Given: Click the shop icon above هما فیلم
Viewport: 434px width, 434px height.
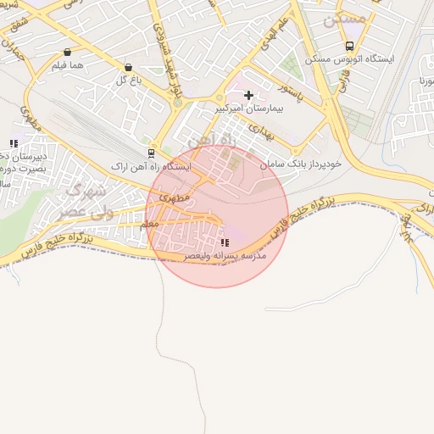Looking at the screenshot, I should click(68, 51).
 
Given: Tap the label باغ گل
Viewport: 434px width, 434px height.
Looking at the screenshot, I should click(127, 81).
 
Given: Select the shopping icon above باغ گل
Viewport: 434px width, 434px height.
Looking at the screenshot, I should click(128, 67).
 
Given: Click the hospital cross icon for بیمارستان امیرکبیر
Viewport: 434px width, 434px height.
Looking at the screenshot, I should click(248, 95).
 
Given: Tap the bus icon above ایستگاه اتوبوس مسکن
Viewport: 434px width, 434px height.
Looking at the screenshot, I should click(349, 46).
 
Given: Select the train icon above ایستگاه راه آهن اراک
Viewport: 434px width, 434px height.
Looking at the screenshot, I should click(151, 153).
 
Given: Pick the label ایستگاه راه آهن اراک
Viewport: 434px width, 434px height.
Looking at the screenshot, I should click(153, 167).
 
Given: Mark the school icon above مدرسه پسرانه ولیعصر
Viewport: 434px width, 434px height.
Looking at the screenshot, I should click(224, 242).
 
